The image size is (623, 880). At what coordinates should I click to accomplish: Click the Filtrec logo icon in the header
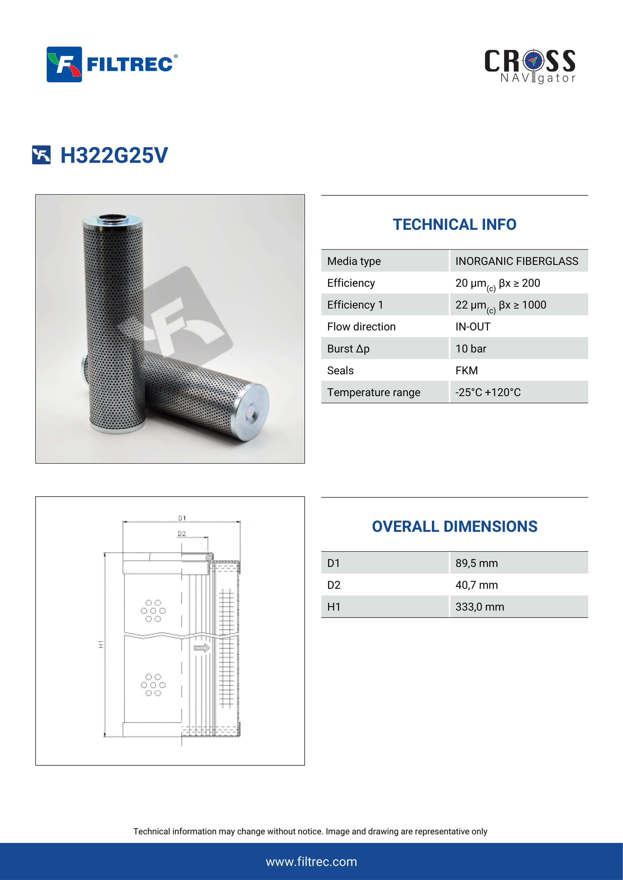(x=64, y=64)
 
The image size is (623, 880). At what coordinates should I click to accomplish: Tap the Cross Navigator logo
(x=530, y=66)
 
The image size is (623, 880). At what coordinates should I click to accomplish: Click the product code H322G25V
(x=114, y=155)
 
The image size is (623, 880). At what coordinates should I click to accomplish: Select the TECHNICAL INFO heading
(x=454, y=225)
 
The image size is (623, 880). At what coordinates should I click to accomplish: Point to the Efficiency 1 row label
(x=355, y=305)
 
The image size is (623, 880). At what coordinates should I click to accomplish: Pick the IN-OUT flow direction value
(x=473, y=327)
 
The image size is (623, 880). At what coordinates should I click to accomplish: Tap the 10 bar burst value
(x=471, y=348)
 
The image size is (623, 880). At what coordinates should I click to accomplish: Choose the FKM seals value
(x=467, y=370)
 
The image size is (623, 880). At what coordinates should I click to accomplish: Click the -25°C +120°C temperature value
(x=488, y=392)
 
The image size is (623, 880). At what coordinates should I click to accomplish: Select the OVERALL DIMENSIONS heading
(x=454, y=526)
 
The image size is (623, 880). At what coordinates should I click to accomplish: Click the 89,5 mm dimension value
(x=476, y=563)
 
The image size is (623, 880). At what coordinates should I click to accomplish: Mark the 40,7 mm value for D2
(x=476, y=585)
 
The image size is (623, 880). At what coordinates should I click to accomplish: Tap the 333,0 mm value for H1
(x=480, y=607)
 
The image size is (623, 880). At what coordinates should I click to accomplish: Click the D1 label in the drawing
(x=182, y=518)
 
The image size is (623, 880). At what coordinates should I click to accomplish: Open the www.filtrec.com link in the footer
(x=311, y=862)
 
